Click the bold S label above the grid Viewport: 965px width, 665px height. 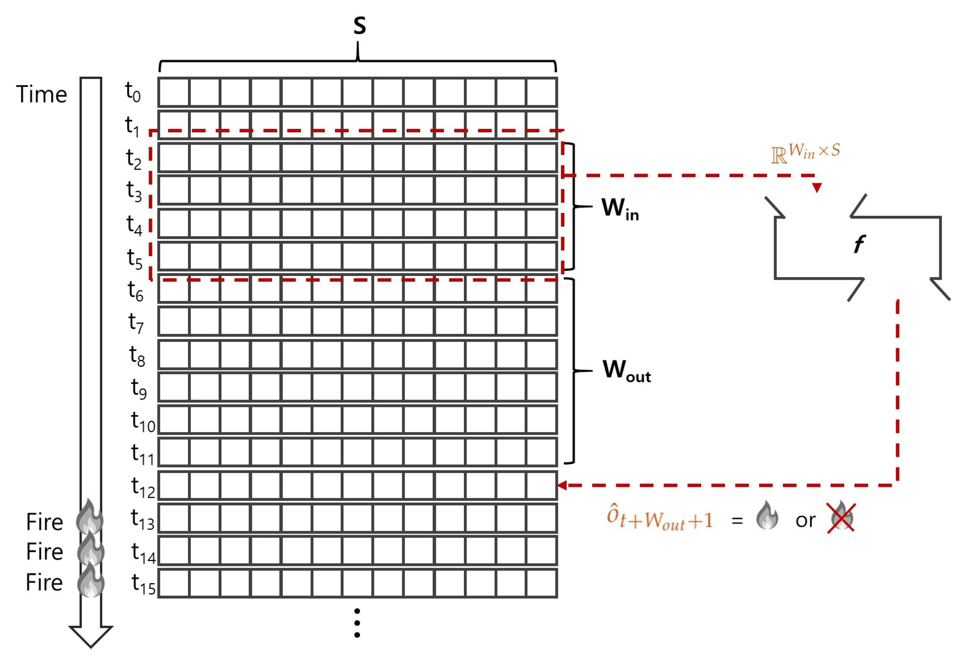click(359, 26)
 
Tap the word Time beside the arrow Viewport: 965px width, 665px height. click(42, 94)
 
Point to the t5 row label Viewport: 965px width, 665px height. click(135, 258)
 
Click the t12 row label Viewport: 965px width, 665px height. click(142, 486)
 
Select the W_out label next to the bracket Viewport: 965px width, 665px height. click(626, 371)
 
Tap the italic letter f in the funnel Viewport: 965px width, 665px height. click(859, 243)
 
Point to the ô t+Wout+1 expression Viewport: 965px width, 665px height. click(659, 518)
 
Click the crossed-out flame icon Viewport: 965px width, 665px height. click(841, 517)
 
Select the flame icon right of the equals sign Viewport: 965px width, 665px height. click(767, 516)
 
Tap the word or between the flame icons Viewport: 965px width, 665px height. click(805, 520)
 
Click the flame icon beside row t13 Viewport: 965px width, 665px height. click(89, 517)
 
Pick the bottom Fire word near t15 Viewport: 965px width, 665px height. click(44, 582)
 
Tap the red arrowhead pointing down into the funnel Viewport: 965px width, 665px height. click(817, 188)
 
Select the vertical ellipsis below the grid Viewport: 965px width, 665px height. click(357, 623)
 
